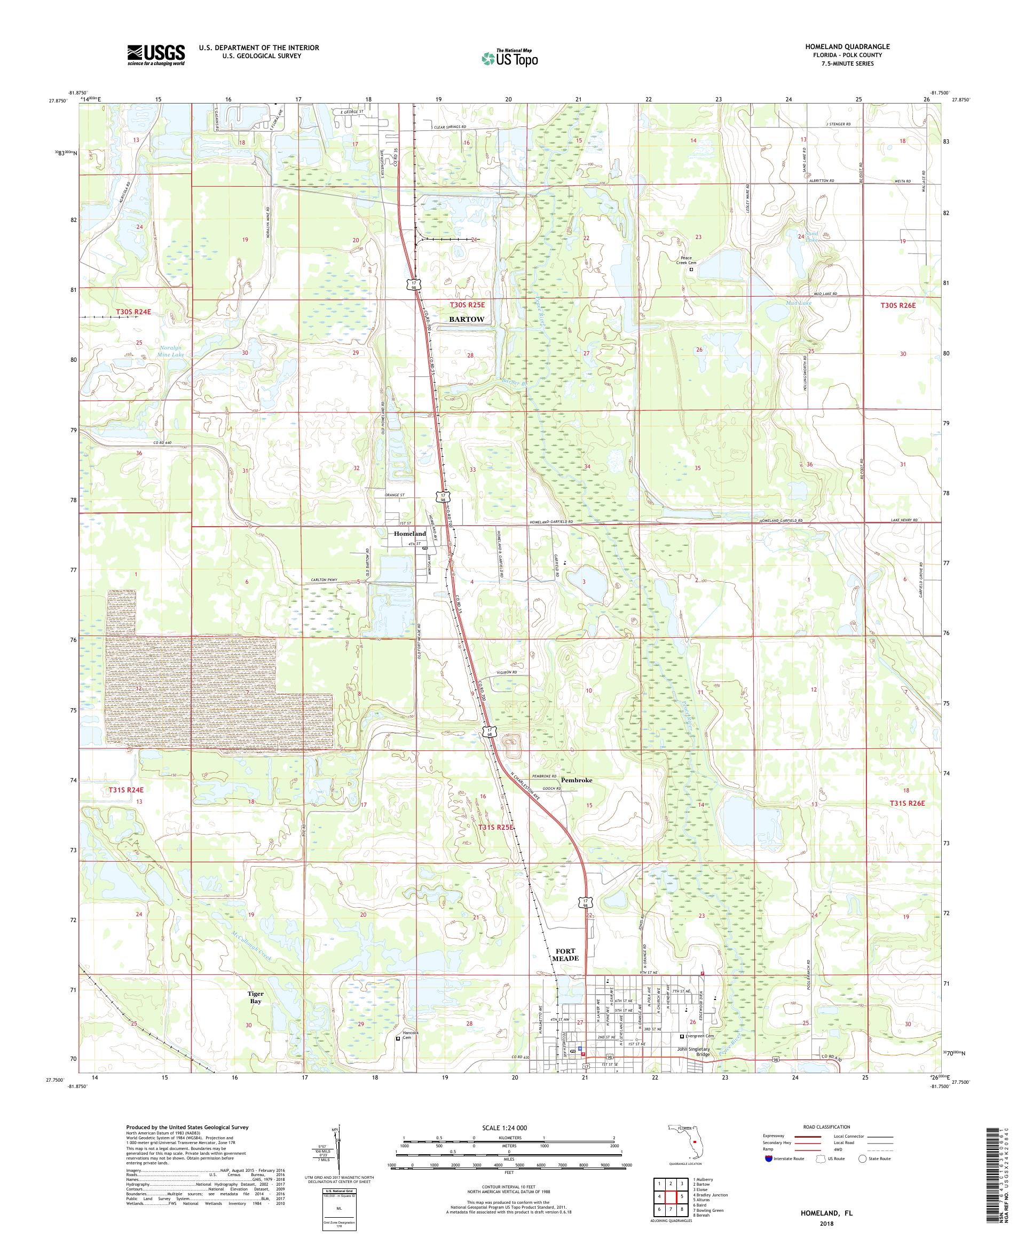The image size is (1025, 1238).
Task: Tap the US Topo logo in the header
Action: point(511,58)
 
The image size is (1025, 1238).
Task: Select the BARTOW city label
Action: point(467,319)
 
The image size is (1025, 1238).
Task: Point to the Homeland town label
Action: point(410,534)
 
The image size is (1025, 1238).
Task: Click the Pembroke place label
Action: point(576,779)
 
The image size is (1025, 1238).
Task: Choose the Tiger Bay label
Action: point(255,997)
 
